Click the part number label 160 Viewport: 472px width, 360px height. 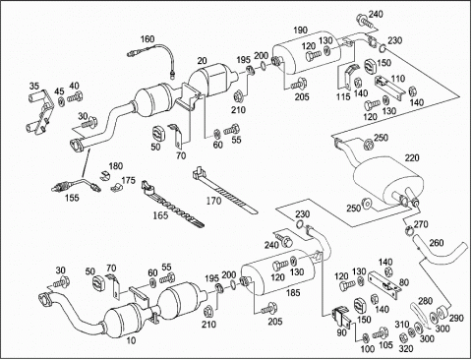(x=147, y=39)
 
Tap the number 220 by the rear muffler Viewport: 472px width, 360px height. (x=412, y=158)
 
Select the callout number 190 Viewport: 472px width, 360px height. (x=300, y=30)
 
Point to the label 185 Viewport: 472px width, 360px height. (x=293, y=292)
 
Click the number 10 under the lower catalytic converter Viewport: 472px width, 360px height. (x=131, y=340)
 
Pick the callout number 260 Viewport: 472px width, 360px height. (x=437, y=243)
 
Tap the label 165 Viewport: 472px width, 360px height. (x=160, y=215)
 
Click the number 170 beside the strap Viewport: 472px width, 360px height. (x=213, y=201)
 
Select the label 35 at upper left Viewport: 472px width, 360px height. (x=34, y=87)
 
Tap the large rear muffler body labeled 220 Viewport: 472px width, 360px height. (x=385, y=180)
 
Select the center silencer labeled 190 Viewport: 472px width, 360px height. (x=307, y=52)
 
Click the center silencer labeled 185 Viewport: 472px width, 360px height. (x=278, y=272)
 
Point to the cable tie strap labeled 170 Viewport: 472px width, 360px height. (x=224, y=191)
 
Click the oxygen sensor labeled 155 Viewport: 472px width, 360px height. (x=77, y=185)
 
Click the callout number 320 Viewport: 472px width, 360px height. (x=406, y=349)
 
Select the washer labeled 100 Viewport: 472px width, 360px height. (x=366, y=337)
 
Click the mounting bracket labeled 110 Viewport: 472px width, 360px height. (x=388, y=86)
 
